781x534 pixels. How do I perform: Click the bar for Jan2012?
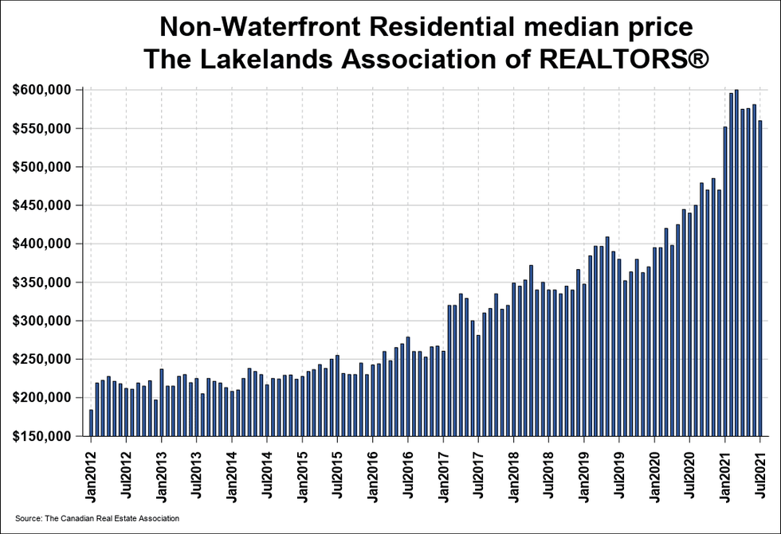coord(91,423)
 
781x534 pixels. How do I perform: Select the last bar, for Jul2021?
coord(760,279)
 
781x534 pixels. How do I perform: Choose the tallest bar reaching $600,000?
coord(736,263)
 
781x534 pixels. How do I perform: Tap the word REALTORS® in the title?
coord(628,60)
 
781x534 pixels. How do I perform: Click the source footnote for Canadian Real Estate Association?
coord(97,518)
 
